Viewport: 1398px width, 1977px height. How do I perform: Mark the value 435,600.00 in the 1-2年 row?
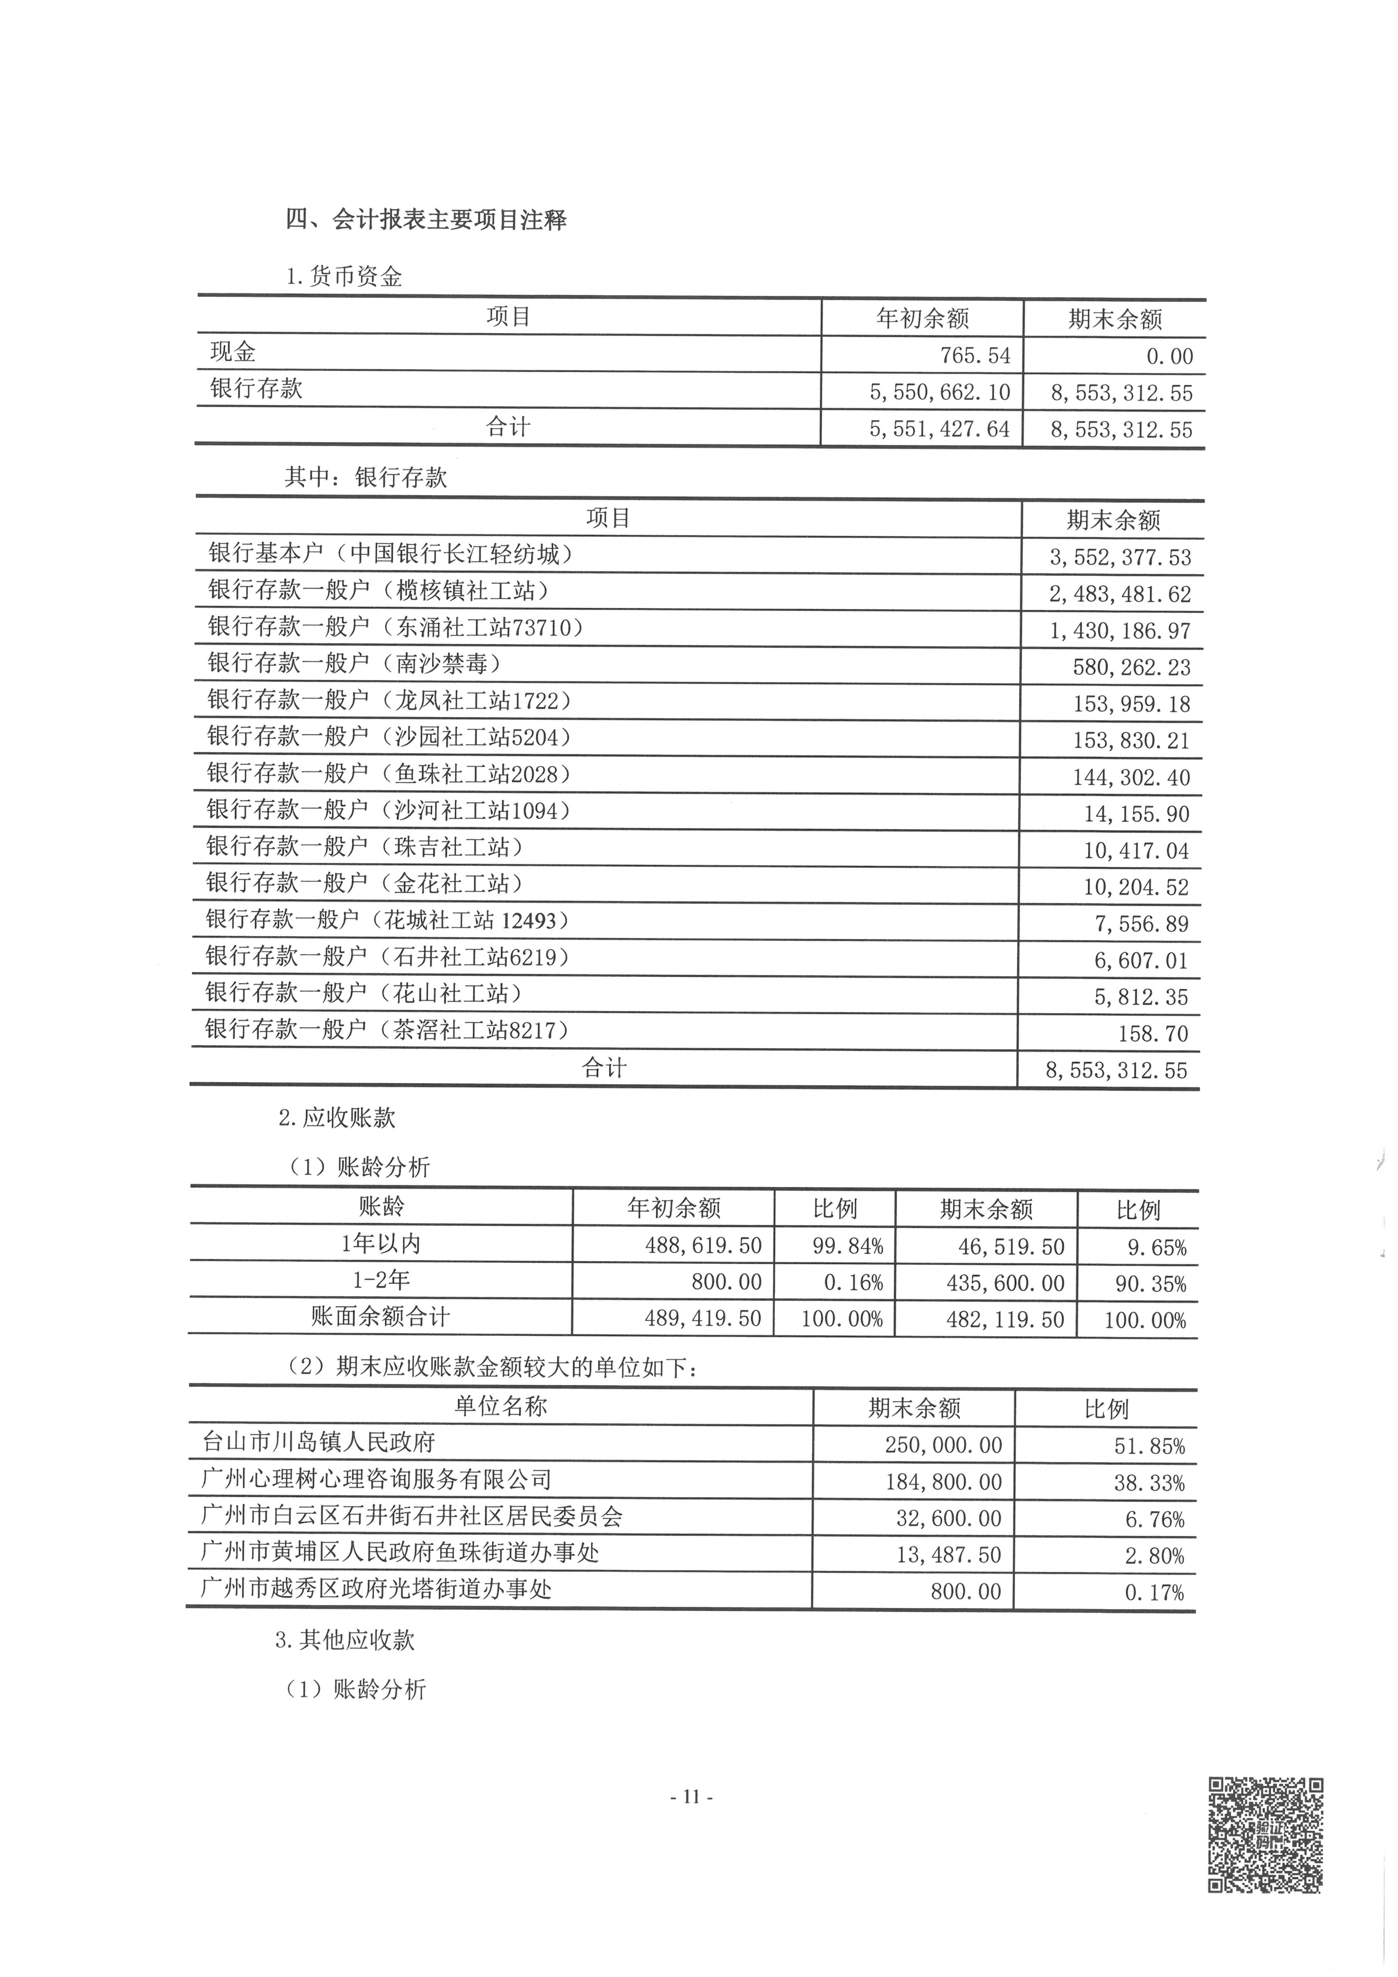click(1005, 1283)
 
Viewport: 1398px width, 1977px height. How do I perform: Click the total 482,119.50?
click(1005, 1319)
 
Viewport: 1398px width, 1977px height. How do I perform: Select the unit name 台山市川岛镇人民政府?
click(319, 1442)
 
